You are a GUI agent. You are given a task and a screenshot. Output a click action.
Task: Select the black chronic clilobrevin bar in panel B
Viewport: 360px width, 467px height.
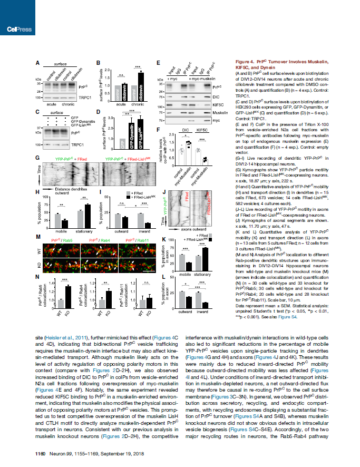coord(141,83)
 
